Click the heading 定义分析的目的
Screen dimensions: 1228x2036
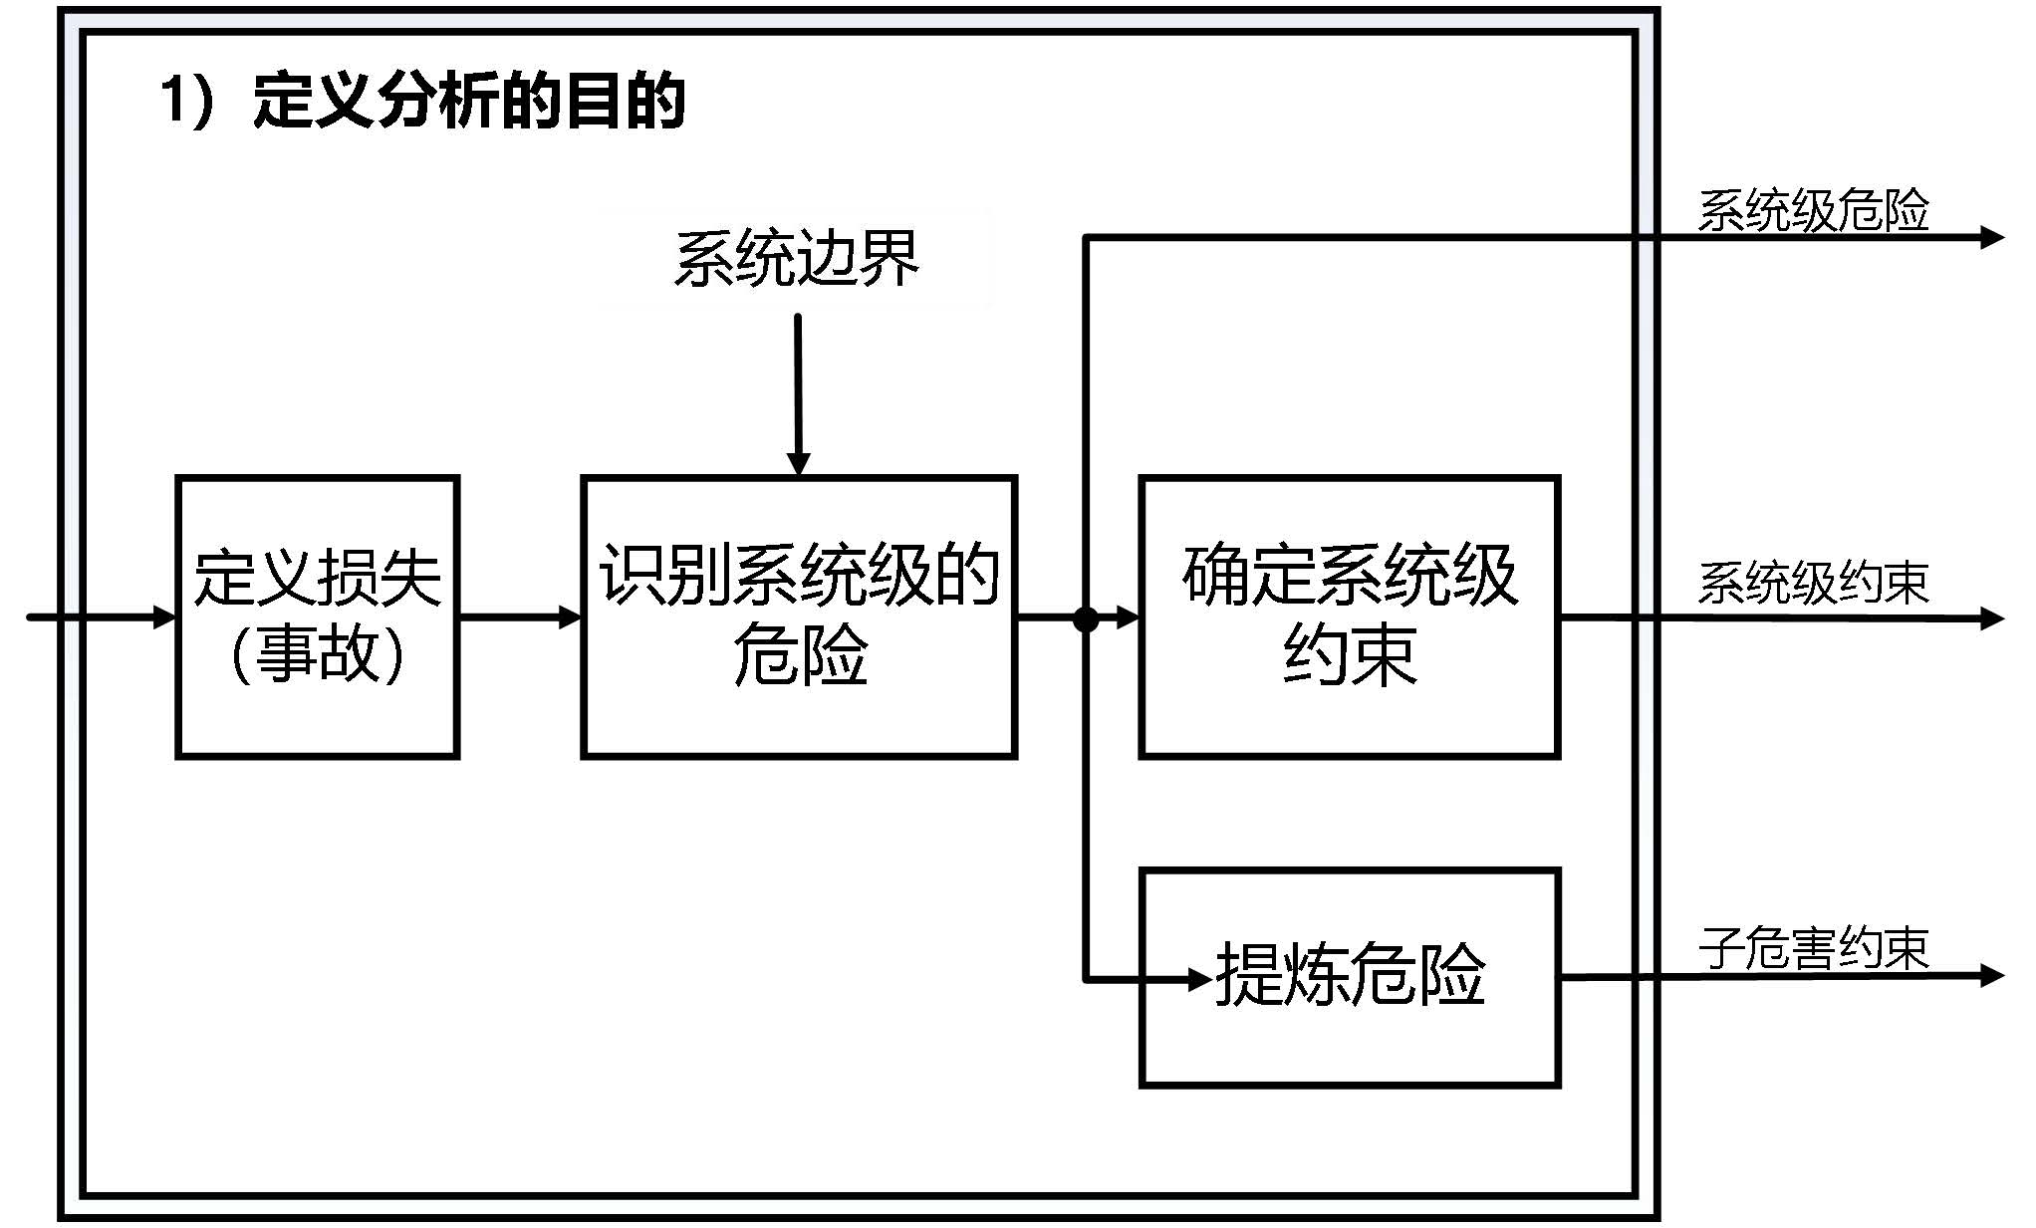468,101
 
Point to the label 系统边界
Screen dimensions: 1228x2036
796,259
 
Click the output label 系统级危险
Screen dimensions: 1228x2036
1813,210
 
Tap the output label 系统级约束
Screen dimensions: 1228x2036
1813,584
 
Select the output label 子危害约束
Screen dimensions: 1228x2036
1813,947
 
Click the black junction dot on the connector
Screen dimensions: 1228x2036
1086,619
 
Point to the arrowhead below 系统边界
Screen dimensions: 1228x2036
798,463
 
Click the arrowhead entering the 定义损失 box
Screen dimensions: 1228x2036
164,617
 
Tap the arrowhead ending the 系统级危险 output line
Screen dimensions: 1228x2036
1992,237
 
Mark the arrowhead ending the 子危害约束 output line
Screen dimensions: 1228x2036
1992,975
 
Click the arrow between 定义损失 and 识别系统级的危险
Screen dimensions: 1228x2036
520,617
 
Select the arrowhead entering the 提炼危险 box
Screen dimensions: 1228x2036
1200,980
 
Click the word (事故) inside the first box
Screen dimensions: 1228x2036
317,654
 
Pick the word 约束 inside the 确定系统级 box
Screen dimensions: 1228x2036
1349,654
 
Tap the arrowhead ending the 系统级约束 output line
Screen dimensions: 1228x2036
1992,618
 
